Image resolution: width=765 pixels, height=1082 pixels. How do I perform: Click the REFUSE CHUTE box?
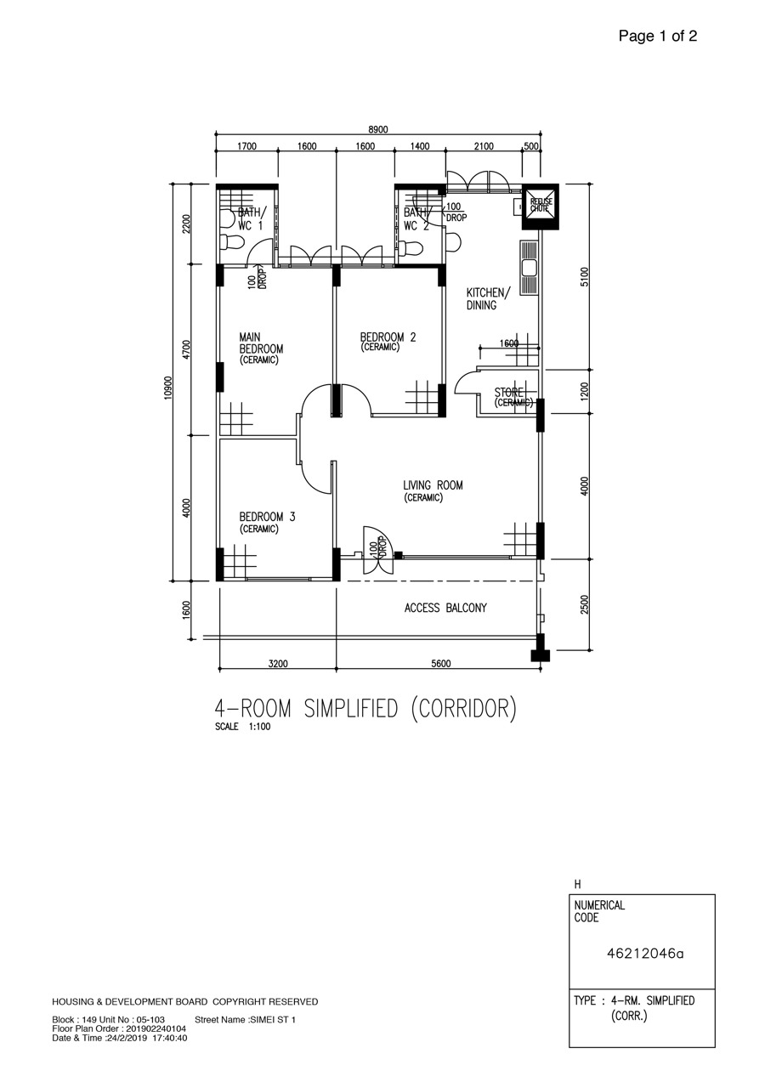click(x=540, y=207)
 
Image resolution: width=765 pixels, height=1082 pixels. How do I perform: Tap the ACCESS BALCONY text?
click(x=445, y=608)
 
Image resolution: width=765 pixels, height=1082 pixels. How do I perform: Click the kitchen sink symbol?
click(x=530, y=267)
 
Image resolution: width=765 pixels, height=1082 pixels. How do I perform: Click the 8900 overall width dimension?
click(x=378, y=129)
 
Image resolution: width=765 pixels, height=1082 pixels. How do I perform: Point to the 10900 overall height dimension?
click(x=168, y=388)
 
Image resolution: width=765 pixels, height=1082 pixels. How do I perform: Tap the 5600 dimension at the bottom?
click(x=441, y=664)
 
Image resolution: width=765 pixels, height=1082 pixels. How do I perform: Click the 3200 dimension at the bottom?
click(x=278, y=664)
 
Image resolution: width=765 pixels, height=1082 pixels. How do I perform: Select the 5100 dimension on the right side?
click(x=585, y=277)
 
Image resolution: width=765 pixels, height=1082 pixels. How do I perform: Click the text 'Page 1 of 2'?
click(x=658, y=36)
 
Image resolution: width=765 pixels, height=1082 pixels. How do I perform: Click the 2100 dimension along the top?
click(x=484, y=146)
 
